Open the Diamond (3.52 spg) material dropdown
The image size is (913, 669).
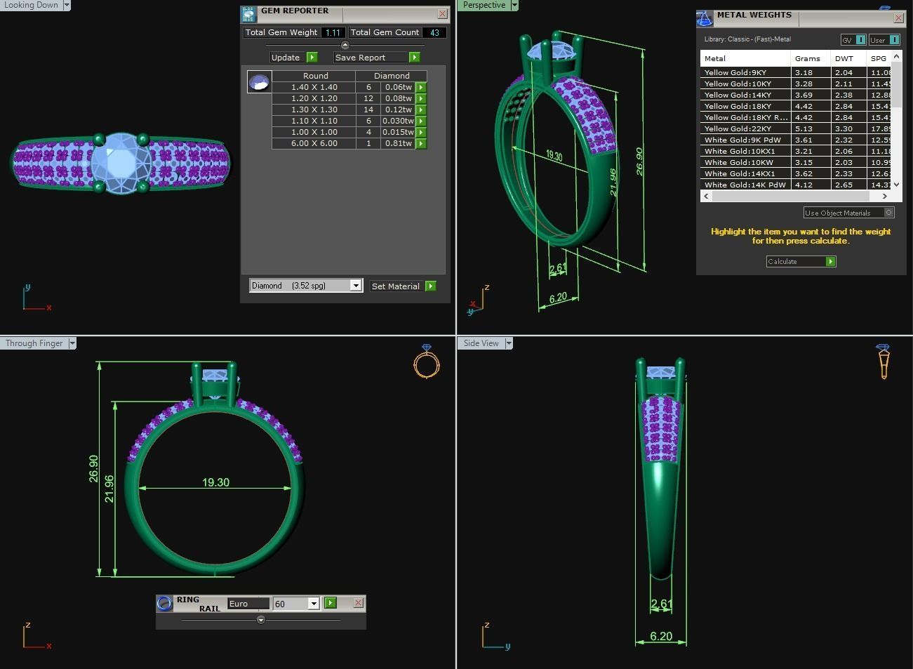pos(355,286)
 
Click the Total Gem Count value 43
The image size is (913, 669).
pos(434,32)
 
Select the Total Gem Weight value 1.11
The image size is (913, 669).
pos(333,32)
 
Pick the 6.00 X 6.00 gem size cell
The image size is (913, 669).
pos(314,143)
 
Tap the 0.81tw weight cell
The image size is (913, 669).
pos(398,143)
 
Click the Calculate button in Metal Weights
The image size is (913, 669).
pos(800,261)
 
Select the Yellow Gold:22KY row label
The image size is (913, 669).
pos(738,128)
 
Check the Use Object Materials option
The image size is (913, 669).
pos(888,213)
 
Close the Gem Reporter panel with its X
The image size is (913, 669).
pos(442,13)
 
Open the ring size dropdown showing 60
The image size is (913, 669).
pos(313,604)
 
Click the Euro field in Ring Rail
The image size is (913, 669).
pos(248,604)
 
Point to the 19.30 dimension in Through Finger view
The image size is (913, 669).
pos(215,482)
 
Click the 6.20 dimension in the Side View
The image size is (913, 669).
pos(660,636)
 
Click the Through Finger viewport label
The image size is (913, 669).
pos(34,343)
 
